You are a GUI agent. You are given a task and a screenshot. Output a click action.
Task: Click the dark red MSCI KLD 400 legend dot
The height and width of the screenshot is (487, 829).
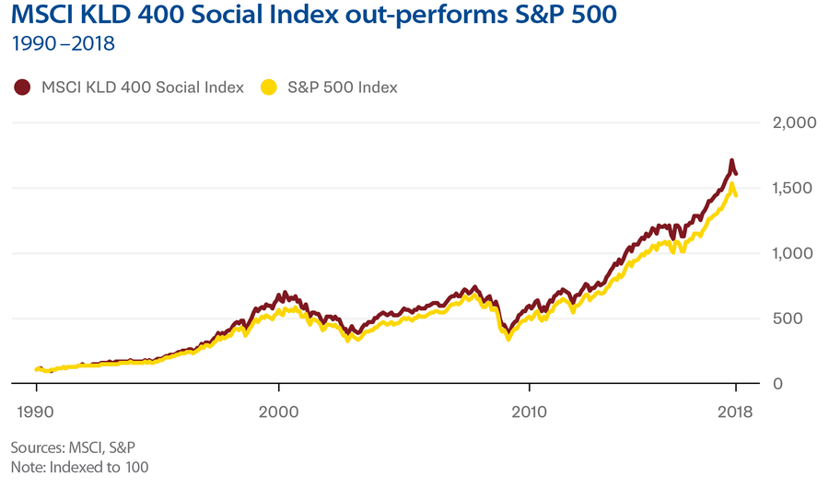click(22, 87)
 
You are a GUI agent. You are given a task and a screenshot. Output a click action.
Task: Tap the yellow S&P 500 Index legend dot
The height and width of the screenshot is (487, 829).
click(270, 87)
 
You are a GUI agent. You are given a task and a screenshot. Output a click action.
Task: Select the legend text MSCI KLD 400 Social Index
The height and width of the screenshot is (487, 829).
click(143, 87)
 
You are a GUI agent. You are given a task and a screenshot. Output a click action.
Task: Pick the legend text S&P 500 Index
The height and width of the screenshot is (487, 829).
click(342, 87)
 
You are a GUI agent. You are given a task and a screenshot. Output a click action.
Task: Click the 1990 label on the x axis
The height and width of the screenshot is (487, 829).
click(36, 412)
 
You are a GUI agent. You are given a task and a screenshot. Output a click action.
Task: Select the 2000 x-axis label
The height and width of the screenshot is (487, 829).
click(278, 412)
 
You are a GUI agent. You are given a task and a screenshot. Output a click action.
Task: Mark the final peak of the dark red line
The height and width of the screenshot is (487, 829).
click(731, 162)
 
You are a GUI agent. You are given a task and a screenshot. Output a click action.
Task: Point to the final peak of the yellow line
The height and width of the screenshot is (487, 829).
click(731, 185)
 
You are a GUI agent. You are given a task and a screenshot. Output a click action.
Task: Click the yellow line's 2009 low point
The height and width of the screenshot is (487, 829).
click(508, 339)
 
